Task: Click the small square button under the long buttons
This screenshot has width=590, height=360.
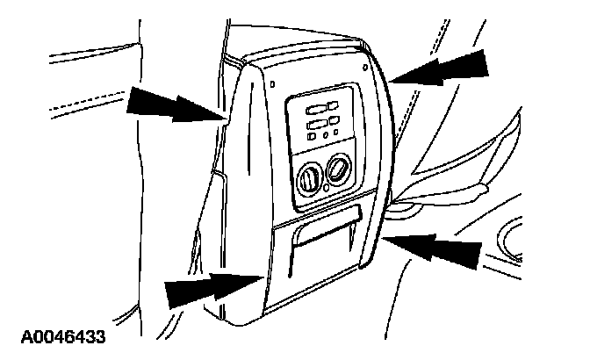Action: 312,140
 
